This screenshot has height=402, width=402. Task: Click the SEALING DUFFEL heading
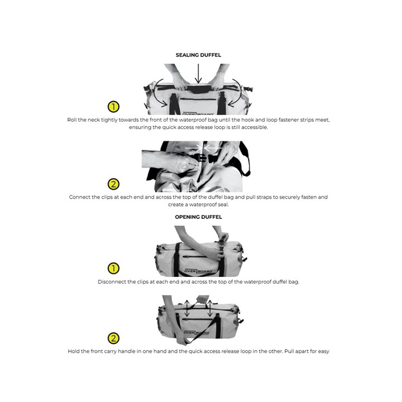coord(198,55)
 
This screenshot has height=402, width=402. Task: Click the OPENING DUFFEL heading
coord(198,217)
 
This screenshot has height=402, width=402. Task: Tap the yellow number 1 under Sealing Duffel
coord(113,107)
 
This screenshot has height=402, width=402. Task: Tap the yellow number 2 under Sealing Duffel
coord(113,184)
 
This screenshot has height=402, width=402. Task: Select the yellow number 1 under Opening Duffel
coord(113,269)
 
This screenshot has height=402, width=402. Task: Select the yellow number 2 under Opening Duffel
coord(113,338)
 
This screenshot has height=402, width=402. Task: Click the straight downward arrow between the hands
coord(198,74)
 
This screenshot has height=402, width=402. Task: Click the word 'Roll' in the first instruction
coord(71,120)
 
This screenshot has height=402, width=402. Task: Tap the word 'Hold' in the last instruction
coord(74,352)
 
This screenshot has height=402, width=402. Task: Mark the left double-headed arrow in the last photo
coord(187,308)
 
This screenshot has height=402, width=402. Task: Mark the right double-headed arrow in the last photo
coord(210,308)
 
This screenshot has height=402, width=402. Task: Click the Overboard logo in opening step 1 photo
coord(198,271)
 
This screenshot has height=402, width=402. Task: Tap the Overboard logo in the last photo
coord(197,333)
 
